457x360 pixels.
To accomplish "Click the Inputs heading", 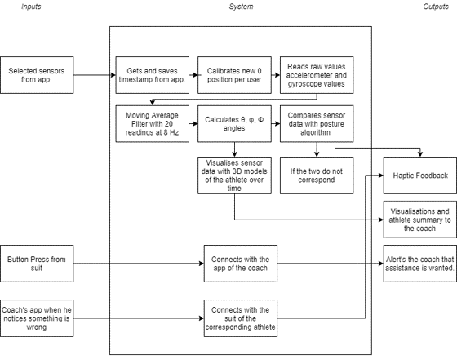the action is click(31, 7).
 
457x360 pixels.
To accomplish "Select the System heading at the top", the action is click(241, 7).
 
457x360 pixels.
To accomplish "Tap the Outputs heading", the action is click(436, 7).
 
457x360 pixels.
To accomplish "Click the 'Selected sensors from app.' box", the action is click(37, 75).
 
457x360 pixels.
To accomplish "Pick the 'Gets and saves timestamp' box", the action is click(152, 75).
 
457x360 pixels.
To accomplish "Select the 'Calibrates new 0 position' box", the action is click(235, 75).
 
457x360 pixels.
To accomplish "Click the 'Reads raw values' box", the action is click(317, 75).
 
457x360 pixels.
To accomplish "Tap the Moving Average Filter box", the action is click(152, 124).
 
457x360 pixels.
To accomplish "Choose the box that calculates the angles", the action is click(235, 124).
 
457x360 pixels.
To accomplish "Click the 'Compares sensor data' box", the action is click(317, 124).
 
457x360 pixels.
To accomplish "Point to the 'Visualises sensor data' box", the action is click(235, 176).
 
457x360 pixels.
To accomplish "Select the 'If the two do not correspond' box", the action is click(317, 176).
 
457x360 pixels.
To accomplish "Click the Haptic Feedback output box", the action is click(420, 176).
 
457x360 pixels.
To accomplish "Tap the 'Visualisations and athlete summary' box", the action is click(420, 220).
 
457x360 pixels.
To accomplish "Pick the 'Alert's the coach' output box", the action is click(420, 264).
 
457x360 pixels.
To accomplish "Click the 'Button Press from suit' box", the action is click(37, 264).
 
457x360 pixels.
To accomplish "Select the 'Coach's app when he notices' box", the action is click(37, 318).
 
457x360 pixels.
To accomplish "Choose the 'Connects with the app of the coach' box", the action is click(241, 264).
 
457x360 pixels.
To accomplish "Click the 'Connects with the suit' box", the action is click(241, 318).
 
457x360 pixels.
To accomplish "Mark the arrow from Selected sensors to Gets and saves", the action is click(95, 75).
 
